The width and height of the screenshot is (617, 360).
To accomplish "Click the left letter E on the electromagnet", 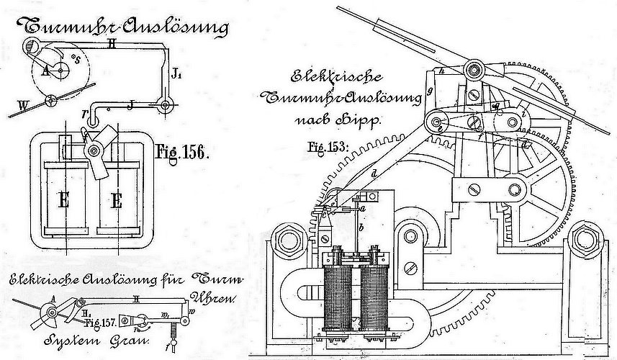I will (x=66, y=201).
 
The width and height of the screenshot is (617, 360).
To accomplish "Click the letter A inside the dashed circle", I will (x=46, y=71).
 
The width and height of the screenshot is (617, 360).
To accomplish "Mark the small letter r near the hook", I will (x=85, y=113).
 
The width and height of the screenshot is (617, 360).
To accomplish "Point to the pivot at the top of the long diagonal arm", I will (x=474, y=70).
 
